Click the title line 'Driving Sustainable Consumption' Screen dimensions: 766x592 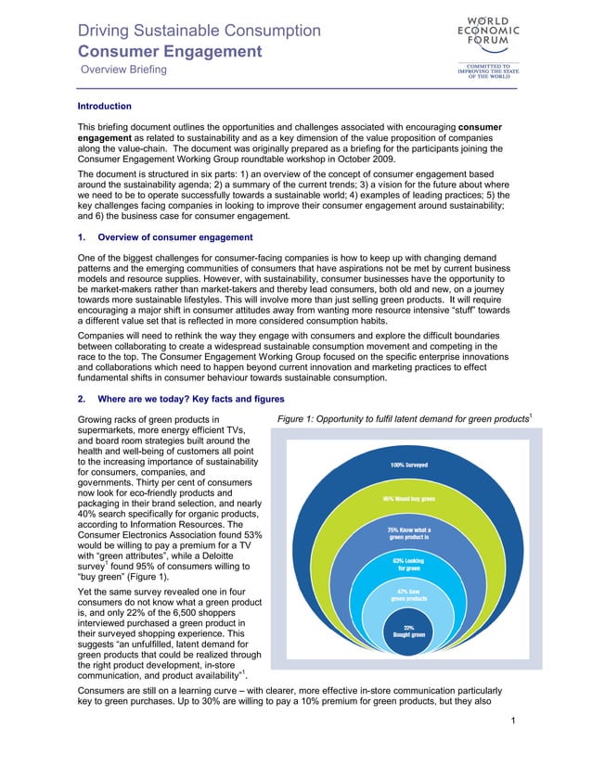(199, 31)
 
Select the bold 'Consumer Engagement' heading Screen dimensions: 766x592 (169, 51)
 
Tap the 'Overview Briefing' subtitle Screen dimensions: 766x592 (123, 70)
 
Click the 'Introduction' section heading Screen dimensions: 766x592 (104, 107)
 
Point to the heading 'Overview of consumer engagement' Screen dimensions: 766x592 (174, 237)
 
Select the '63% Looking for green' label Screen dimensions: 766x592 (409, 564)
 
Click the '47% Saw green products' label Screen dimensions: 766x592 (409, 594)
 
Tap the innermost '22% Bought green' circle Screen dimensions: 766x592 (408, 631)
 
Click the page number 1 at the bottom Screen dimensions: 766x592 (513, 745)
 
